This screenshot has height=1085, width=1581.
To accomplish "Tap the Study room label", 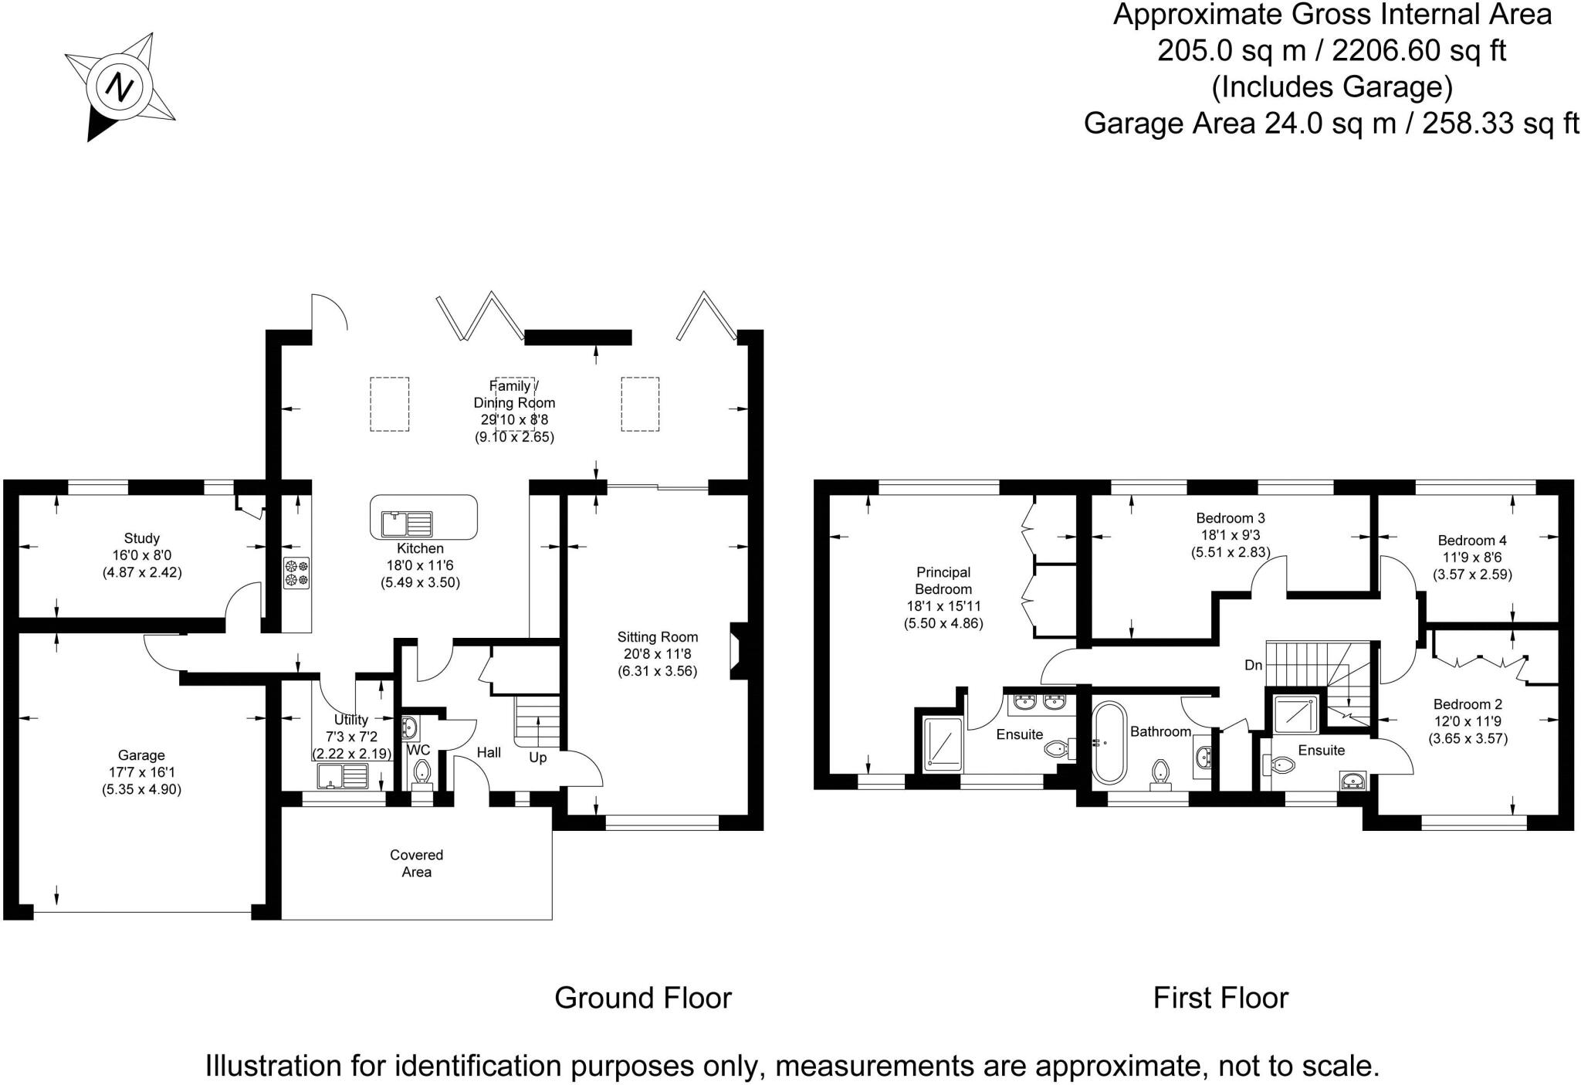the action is pos(141,538).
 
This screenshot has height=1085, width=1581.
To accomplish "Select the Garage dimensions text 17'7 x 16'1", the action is pos(141,772).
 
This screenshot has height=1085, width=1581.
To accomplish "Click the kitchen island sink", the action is pos(407,524).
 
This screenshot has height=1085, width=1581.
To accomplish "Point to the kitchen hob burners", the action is pos(296,572).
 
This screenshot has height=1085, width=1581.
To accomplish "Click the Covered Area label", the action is pos(416,863).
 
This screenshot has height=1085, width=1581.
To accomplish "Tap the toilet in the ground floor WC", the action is pos(421,771).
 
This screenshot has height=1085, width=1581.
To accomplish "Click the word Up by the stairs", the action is pos(538,758).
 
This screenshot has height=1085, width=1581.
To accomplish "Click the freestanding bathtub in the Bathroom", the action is pos(1108,743).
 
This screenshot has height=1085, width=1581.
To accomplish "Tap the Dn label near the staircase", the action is pos(1253,665).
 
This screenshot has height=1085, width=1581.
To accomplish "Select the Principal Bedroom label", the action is pos(943,581).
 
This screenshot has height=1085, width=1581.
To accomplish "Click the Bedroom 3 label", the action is pos(1231,518).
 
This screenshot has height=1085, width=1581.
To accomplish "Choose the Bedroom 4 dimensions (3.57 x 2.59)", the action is pos(1472,575).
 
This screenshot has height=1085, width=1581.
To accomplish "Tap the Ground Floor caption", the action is pos(643,998).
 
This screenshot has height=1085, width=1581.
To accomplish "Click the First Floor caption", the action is pos(1220,998).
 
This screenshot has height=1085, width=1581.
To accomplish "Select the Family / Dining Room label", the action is pos(514,395).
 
